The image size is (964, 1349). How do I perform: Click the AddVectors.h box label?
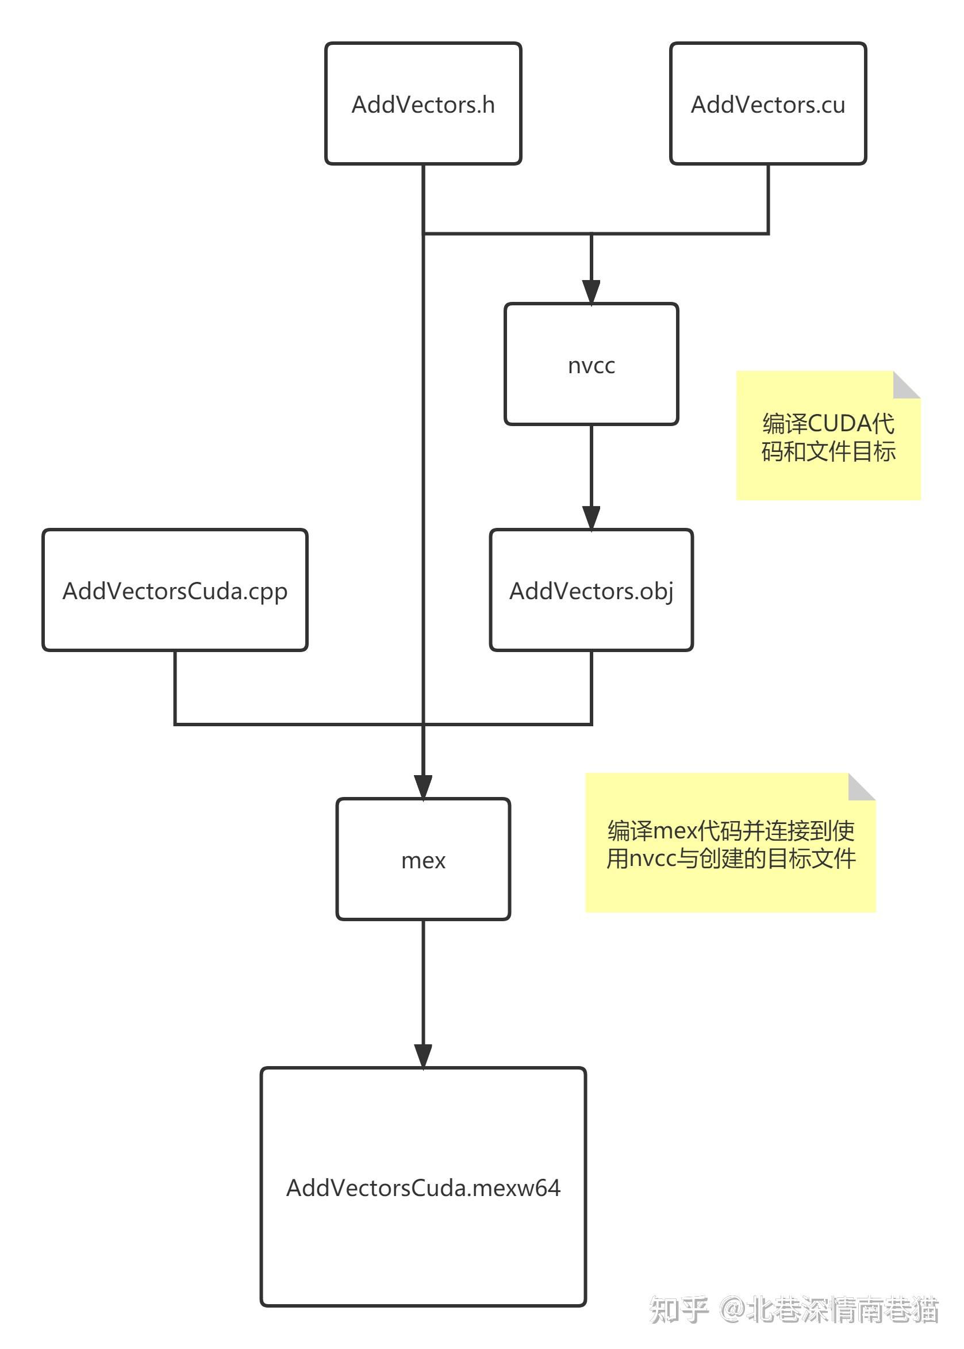(423, 105)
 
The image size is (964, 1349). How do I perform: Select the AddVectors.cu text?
(767, 105)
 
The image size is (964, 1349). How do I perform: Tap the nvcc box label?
(592, 365)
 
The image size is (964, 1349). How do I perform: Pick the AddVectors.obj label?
(592, 591)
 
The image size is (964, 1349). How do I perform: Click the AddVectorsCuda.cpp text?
(175, 591)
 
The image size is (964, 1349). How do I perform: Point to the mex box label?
(423, 860)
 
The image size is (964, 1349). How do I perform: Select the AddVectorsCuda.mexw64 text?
(423, 1188)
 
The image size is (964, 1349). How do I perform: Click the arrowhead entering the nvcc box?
(592, 292)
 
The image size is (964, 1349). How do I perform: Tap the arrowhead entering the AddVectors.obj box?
(592, 518)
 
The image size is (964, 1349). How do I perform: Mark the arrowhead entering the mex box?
(423, 787)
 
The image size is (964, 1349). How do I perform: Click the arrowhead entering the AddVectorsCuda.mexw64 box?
(423, 1056)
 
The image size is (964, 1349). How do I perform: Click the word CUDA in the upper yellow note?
(839, 424)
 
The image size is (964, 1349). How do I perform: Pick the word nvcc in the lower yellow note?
(652, 859)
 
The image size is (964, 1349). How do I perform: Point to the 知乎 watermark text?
(679, 1310)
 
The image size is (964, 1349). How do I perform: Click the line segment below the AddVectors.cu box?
(768, 199)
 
